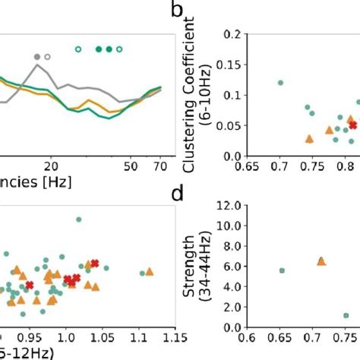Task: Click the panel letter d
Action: coord(178,194)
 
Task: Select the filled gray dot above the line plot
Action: coord(37,57)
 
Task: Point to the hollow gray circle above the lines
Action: coord(48,57)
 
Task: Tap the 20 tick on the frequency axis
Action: coord(51,165)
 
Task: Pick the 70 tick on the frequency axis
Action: coord(161,165)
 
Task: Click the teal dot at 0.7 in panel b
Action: coord(281,82)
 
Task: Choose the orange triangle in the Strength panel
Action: coord(321,261)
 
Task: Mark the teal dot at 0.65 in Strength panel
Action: coord(282,270)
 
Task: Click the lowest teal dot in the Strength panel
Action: coord(346,315)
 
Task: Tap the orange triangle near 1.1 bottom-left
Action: coord(149,271)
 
